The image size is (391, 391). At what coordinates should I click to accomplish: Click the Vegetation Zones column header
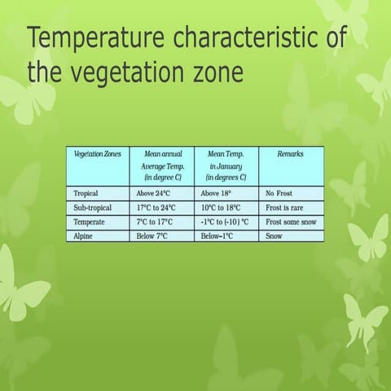[98, 153]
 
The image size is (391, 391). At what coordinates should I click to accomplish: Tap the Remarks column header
[291, 153]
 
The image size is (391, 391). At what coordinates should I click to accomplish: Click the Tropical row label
[87, 194]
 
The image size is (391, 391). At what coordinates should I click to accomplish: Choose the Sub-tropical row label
[92, 208]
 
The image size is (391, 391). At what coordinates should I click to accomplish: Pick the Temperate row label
[89, 222]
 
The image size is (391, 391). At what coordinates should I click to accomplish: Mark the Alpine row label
[84, 235]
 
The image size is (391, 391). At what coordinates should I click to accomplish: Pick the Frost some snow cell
[292, 222]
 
